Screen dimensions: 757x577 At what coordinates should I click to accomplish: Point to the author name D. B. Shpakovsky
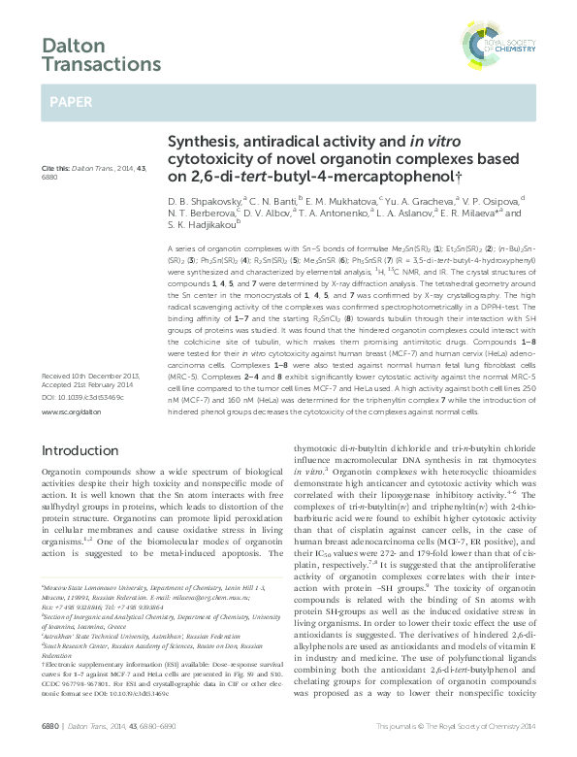(x=204, y=201)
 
